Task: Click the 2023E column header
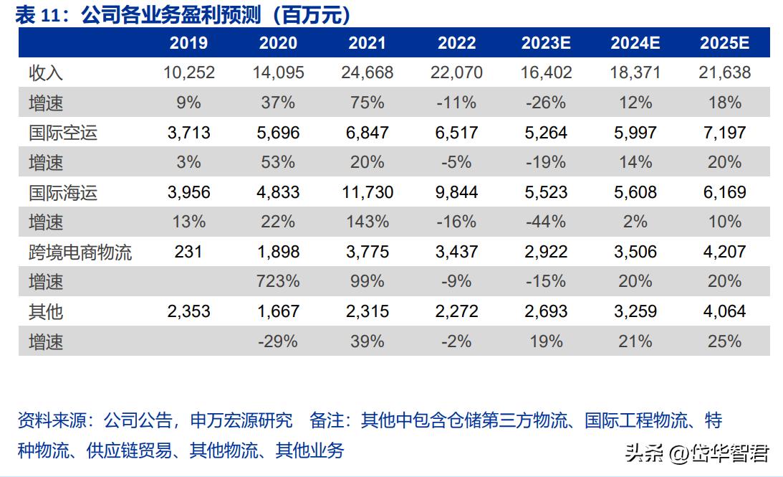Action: [x=545, y=43]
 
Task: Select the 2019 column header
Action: [x=188, y=43]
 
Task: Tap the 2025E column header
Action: [x=724, y=43]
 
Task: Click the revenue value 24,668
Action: [x=368, y=72]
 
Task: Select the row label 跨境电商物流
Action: [x=80, y=252]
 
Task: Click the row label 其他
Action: [x=46, y=311]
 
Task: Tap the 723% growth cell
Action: [x=278, y=281]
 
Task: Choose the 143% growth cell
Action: [x=368, y=222]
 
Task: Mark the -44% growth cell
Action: [x=545, y=222]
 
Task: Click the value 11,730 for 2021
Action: [x=368, y=192]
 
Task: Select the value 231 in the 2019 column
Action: [x=188, y=252]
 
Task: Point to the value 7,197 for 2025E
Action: [x=724, y=133]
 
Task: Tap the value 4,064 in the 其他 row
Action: [x=724, y=311]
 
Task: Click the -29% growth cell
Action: [x=278, y=341]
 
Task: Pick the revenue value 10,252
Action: [x=188, y=72]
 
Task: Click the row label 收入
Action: [x=46, y=72]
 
